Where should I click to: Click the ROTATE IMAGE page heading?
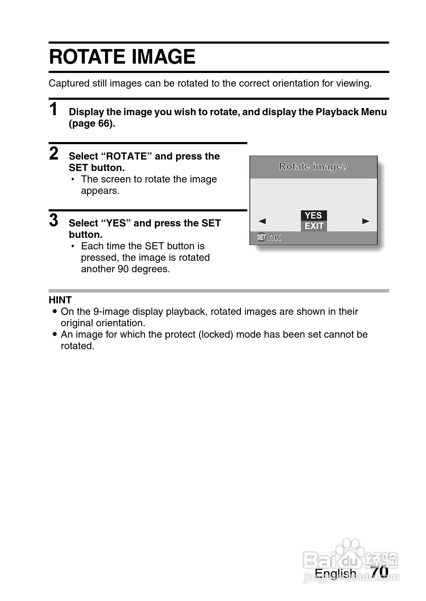pos(122,57)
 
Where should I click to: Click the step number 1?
pos(53,109)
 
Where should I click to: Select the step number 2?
pos(54,154)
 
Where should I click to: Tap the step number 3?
pos(54,220)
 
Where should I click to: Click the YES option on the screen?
pos(313,215)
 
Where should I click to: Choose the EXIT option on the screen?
pos(314,226)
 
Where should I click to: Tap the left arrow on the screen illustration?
pos(262,221)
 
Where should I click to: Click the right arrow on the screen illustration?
pos(366,221)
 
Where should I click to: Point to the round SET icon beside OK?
pos(261,237)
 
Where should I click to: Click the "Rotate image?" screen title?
pos(313,166)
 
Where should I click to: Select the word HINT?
pos(60,300)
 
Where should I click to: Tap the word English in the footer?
pos(335,573)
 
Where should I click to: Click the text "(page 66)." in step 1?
pos(92,124)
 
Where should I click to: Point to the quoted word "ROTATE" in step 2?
pos(127,156)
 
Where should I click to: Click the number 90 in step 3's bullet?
pos(123,269)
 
